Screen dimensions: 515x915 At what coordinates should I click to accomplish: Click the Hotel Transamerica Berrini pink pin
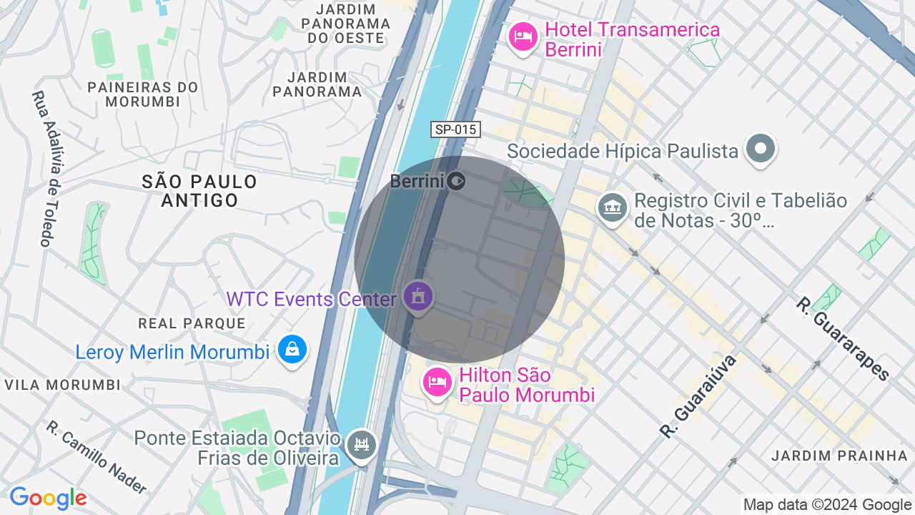point(523,36)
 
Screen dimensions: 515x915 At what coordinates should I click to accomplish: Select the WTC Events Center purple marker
point(418,296)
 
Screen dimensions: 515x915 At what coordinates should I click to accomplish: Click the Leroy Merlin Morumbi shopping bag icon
point(292,349)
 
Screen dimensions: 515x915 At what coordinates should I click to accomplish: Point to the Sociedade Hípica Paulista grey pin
point(760,149)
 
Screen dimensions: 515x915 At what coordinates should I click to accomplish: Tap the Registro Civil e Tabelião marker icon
point(612,208)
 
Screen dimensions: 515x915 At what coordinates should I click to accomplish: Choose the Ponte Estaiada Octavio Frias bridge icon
point(362,445)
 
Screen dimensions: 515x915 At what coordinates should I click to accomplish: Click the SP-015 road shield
point(456,129)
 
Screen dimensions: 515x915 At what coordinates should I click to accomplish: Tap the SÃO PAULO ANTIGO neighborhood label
point(199,190)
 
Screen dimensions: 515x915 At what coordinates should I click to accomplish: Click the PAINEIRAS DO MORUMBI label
point(143,94)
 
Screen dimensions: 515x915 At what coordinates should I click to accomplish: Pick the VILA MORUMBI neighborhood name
point(63,385)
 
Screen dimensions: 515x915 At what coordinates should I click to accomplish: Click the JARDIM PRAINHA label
point(839,456)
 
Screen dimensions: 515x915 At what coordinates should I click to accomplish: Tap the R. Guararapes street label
point(844,338)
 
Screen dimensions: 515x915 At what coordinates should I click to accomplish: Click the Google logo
point(48,498)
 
